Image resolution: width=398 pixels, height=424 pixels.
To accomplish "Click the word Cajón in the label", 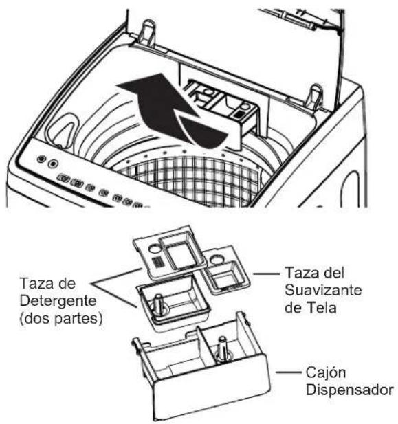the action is (x=326, y=373).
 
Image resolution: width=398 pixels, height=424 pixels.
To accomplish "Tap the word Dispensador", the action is (x=350, y=390).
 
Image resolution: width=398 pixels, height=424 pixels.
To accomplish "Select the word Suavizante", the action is (x=323, y=291).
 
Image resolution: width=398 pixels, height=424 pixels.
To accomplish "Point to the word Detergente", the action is (x=58, y=301).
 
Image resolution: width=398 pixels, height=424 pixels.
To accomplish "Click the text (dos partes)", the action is (x=61, y=319).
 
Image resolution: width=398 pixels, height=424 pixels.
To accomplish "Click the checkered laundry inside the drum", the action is (x=190, y=179).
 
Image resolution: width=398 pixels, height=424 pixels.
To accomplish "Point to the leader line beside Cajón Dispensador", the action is (x=289, y=372).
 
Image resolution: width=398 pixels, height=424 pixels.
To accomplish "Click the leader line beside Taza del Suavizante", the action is (x=267, y=274).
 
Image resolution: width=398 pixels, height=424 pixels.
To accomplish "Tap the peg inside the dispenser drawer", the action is (x=223, y=350).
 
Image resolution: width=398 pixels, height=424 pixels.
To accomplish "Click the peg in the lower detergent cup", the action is (x=159, y=304).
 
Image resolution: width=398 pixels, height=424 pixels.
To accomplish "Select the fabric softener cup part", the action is (x=227, y=270).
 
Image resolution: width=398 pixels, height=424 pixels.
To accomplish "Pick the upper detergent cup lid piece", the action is (x=170, y=254).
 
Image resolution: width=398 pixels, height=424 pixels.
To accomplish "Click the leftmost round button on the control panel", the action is (x=41, y=159).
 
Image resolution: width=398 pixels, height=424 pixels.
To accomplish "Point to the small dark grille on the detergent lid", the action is (x=157, y=262).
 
